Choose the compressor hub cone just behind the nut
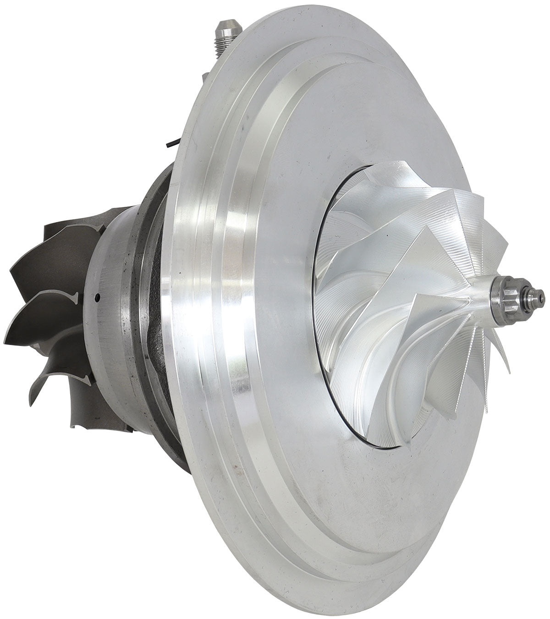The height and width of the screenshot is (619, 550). (472, 298)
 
